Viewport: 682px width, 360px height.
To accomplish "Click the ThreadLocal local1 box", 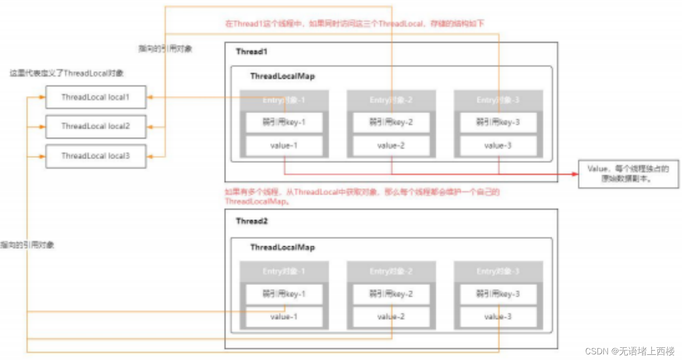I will tap(95, 97).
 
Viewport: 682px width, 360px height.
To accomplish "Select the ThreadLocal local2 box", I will tap(95, 126).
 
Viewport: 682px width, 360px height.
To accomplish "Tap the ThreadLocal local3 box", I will tap(95, 156).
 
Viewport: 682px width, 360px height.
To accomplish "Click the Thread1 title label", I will tap(251, 51).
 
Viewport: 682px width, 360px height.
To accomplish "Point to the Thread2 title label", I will tap(251, 221).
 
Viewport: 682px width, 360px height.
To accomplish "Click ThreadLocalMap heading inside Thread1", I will tap(282, 76).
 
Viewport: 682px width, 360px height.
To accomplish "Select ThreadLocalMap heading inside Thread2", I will tap(282, 247).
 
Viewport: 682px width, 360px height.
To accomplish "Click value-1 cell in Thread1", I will tap(284, 146).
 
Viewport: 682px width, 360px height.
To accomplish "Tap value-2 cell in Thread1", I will tap(391, 146).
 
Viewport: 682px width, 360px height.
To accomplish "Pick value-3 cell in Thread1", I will tap(498, 146).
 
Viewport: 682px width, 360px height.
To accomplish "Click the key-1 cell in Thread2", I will tap(284, 294).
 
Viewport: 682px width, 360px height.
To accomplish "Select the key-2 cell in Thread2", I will tap(391, 294).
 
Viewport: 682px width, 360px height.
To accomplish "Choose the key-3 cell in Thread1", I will tap(498, 122).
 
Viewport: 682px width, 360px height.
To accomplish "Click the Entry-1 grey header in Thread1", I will tap(284, 100).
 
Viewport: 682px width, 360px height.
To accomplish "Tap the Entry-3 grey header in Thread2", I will tap(498, 272).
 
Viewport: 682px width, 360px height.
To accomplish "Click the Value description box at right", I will tap(628, 174).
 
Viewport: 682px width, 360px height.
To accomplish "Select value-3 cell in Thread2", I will tap(498, 317).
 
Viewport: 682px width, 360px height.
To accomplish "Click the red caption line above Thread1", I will tap(354, 24).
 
